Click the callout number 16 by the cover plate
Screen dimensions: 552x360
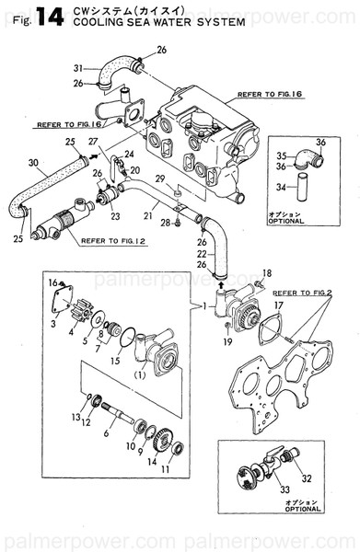[x=52, y=282]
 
